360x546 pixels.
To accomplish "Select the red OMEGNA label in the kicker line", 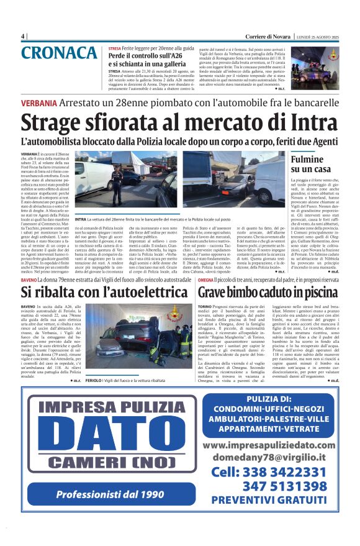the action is click(x=206, y=281).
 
